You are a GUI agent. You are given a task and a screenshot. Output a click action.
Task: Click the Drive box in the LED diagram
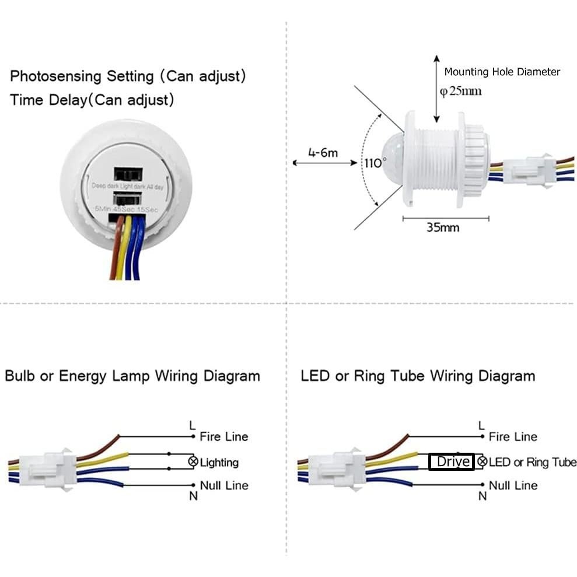click(452, 462)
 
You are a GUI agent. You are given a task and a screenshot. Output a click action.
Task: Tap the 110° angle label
click(376, 163)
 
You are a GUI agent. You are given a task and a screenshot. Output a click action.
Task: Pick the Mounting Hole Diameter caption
click(502, 72)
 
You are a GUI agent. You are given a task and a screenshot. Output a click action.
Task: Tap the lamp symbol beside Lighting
click(193, 462)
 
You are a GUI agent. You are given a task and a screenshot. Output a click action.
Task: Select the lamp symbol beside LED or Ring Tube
click(482, 462)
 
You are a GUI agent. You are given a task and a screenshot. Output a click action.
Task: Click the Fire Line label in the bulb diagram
click(223, 436)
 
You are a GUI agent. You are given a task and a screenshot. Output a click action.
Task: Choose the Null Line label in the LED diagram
click(513, 485)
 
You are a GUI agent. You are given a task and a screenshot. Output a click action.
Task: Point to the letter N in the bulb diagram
click(193, 496)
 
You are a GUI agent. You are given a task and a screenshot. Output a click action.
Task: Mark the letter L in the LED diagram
click(481, 425)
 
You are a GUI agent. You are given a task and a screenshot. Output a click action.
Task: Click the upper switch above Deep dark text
click(128, 174)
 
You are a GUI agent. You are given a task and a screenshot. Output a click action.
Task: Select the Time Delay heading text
click(92, 100)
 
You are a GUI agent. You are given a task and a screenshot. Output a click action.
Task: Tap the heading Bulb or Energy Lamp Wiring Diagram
click(132, 376)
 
